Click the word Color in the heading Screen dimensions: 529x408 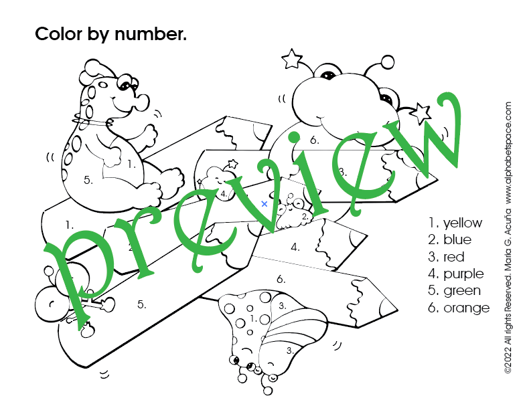(59, 33)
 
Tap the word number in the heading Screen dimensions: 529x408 (151, 33)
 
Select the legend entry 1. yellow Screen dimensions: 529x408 (455, 223)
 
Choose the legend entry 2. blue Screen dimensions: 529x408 (450, 239)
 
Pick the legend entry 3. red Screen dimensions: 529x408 (447, 257)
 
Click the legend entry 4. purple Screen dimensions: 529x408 (456, 274)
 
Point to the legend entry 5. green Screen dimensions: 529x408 (455, 291)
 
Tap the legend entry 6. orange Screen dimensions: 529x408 (459, 308)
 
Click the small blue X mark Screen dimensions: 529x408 (264, 204)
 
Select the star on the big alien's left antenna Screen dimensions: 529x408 (291, 58)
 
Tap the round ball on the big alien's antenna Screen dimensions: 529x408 (387, 62)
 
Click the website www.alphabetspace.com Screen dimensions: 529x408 (508, 152)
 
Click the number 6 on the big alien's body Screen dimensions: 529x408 (315, 140)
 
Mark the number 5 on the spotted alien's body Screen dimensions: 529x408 (88, 180)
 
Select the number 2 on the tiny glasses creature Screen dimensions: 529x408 (305, 217)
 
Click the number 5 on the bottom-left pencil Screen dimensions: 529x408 (142, 304)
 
